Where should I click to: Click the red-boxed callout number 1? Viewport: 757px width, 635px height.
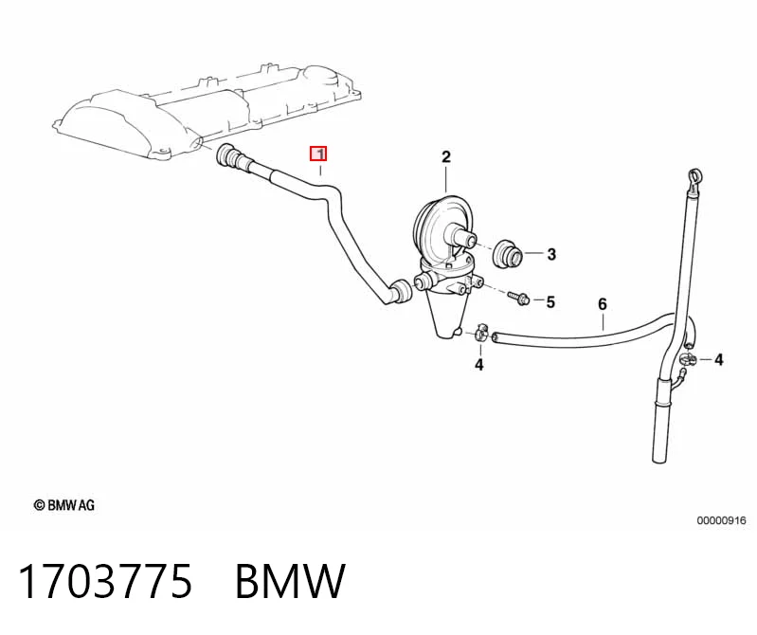(x=318, y=154)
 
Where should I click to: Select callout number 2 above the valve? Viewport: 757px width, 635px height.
(x=445, y=157)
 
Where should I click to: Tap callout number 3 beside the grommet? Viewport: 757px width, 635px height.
(x=551, y=254)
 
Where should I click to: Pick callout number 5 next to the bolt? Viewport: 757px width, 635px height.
(x=550, y=301)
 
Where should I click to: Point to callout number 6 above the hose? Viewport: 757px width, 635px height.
(x=602, y=304)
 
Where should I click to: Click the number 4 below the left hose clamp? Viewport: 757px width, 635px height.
(x=478, y=365)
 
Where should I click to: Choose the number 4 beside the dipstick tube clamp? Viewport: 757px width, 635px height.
(x=718, y=360)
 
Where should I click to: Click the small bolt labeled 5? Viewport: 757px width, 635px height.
(x=519, y=297)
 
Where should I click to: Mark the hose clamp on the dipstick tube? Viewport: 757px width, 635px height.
(x=688, y=359)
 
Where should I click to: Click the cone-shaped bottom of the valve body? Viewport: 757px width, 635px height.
(x=446, y=315)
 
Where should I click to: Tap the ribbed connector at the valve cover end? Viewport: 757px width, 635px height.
(x=232, y=157)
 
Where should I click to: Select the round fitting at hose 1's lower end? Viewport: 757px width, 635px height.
(x=401, y=291)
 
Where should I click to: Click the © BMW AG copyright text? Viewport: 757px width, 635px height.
(x=63, y=505)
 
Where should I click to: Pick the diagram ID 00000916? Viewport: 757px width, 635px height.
(x=721, y=520)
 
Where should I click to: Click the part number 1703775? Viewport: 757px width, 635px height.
(x=105, y=581)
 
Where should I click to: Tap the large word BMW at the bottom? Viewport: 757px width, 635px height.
(x=290, y=581)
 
